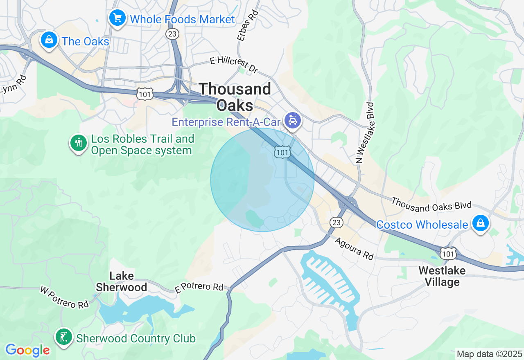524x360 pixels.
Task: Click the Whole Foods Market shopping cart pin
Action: [117, 18]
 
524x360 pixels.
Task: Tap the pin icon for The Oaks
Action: [49, 40]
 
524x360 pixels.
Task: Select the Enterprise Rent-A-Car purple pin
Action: [293, 120]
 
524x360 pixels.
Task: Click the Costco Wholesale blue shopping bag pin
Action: [481, 223]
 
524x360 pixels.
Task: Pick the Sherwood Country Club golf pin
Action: [63, 337]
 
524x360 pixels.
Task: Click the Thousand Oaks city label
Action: [235, 97]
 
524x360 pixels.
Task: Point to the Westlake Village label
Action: [442, 276]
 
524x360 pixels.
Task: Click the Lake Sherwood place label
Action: [121, 281]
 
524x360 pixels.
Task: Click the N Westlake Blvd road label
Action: [365, 133]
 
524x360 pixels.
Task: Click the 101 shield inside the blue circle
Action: [282, 152]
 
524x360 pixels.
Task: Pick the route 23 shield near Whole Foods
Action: [172, 34]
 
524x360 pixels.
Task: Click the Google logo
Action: [27, 350]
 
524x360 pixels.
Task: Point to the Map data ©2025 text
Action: [489, 354]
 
